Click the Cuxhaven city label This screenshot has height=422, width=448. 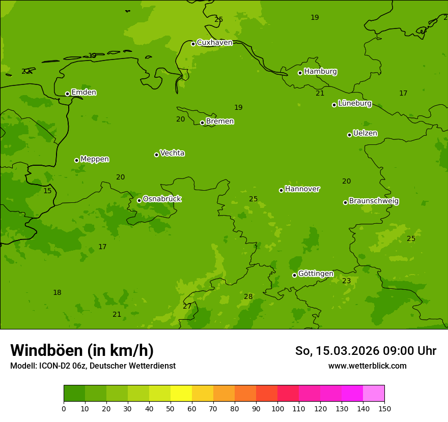[x=214, y=43]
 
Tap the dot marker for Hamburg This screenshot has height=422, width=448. [x=300, y=73]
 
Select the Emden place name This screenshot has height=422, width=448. [x=83, y=93]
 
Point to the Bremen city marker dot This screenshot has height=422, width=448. [x=202, y=123]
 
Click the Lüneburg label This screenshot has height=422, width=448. [x=354, y=104]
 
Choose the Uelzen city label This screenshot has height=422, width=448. [x=365, y=134]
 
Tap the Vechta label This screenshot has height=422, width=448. [x=172, y=154]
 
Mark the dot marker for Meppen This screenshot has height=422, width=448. [x=76, y=160]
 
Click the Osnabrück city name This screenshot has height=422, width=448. [x=161, y=199]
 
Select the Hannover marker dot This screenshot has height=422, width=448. [x=281, y=190]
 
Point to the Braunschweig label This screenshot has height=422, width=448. [x=374, y=201]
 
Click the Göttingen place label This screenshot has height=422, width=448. [x=316, y=274]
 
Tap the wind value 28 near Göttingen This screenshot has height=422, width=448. [x=248, y=297]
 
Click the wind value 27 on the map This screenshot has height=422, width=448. [x=187, y=307]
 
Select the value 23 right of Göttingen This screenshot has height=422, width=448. [x=346, y=281]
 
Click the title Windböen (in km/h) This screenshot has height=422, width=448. [x=82, y=350]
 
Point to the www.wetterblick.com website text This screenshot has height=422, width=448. [x=367, y=366]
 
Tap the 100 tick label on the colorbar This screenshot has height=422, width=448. [x=277, y=408]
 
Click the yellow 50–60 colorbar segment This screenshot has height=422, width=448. [x=181, y=394]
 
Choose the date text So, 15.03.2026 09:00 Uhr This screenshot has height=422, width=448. [x=366, y=351]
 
